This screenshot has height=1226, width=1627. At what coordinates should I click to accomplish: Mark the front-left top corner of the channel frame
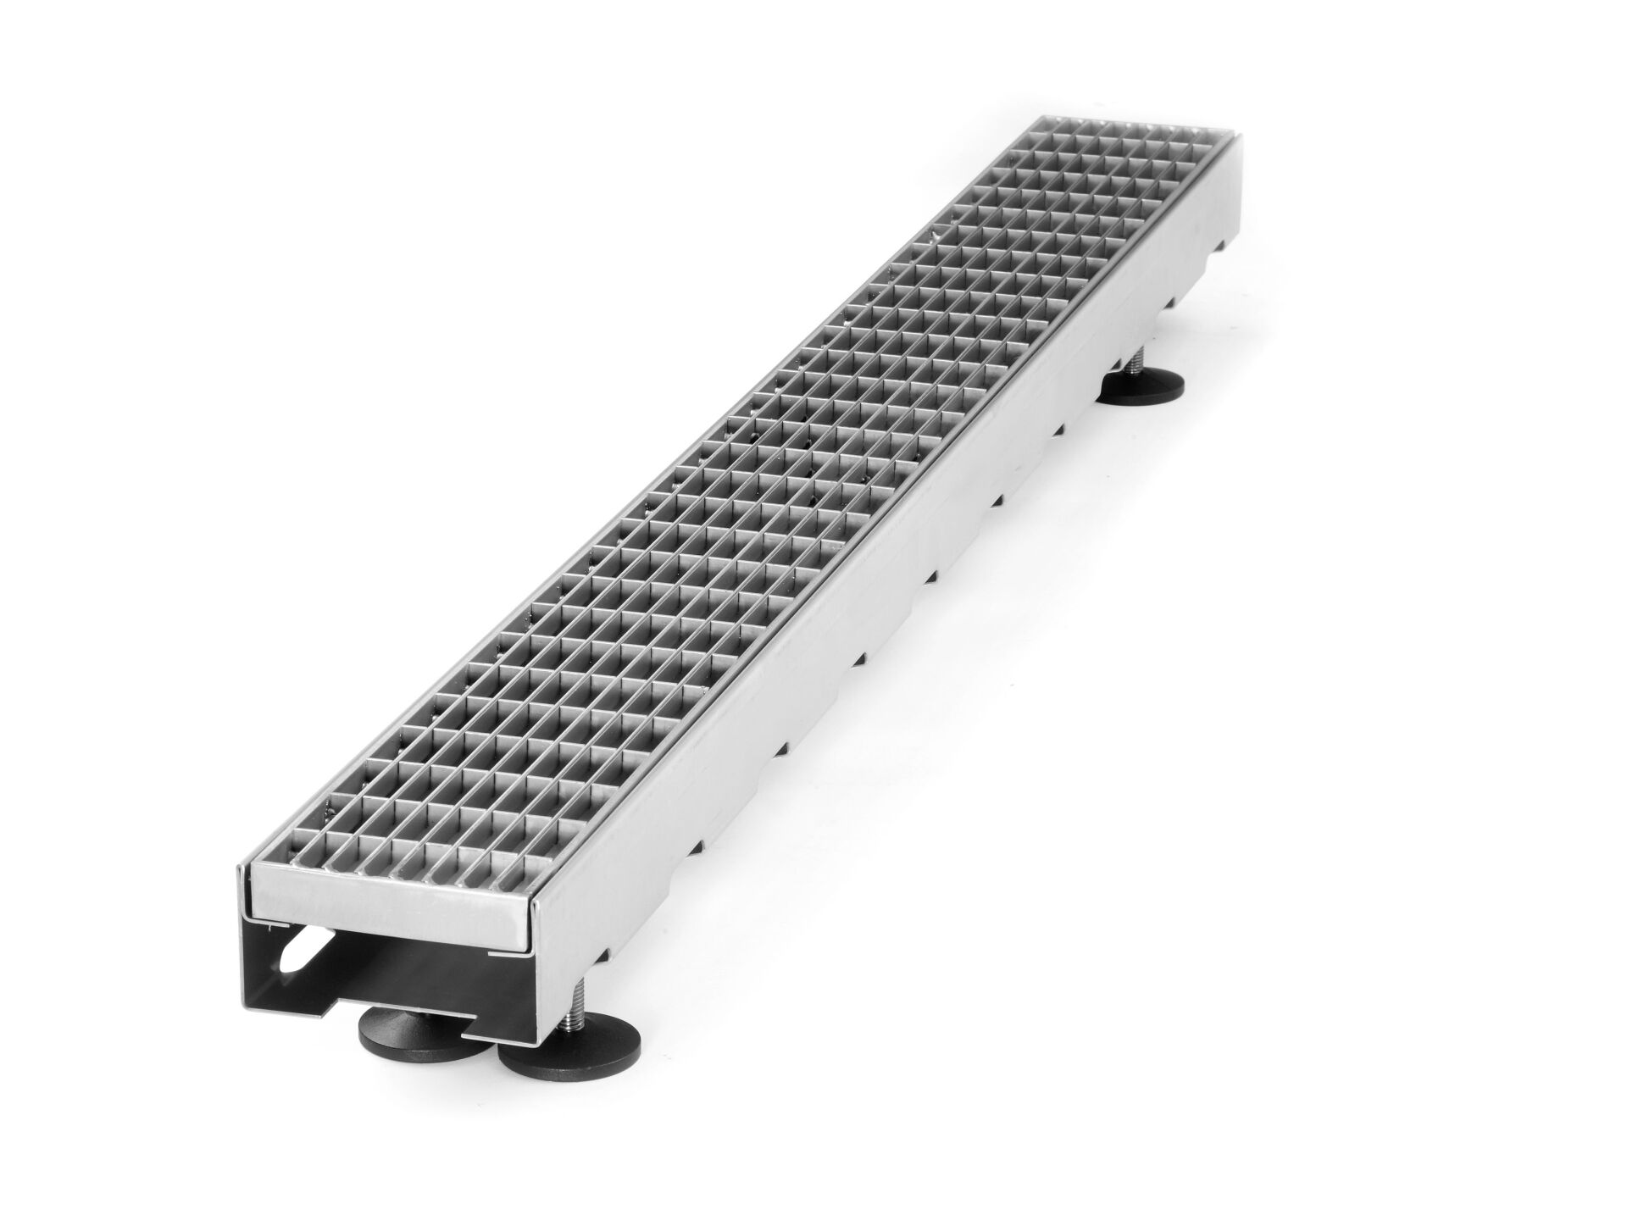(x=238, y=868)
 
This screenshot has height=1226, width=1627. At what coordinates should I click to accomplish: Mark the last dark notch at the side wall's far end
(x=1220, y=246)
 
